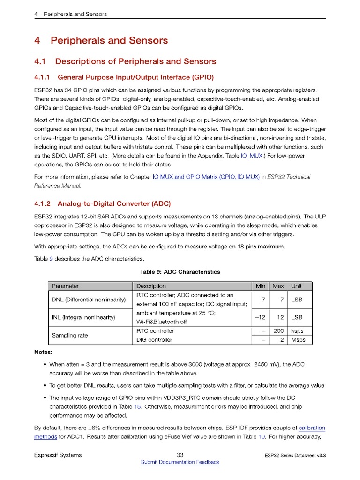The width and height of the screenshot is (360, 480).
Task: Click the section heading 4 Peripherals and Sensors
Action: pos(101,41)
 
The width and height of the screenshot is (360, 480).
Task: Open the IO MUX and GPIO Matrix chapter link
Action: pos(206,177)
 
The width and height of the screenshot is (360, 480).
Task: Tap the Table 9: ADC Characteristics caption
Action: pos(180,272)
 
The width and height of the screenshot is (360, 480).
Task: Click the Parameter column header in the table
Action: pos(65,286)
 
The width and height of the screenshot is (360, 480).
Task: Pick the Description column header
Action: pos(151,286)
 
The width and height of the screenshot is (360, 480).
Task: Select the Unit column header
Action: pos(296,286)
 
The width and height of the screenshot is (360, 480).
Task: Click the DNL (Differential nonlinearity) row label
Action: pos(89,300)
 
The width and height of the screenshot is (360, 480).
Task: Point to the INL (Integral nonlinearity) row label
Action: pos(83,317)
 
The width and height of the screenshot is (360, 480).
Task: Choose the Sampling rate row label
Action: pos(70,336)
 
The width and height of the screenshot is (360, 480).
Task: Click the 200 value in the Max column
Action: pos(278,331)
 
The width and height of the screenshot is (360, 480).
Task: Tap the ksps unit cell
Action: pos(297,331)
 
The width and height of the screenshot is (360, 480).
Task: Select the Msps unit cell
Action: pos(298,340)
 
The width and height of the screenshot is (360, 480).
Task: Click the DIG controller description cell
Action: pos(154,340)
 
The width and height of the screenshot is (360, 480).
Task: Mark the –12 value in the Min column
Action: pos(260,317)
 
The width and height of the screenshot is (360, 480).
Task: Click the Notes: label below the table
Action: pos(44,352)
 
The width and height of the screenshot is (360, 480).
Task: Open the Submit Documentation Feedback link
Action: pos(180,462)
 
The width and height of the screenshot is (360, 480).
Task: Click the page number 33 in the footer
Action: pos(180,455)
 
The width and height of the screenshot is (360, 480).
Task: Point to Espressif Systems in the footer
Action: pos(58,455)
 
